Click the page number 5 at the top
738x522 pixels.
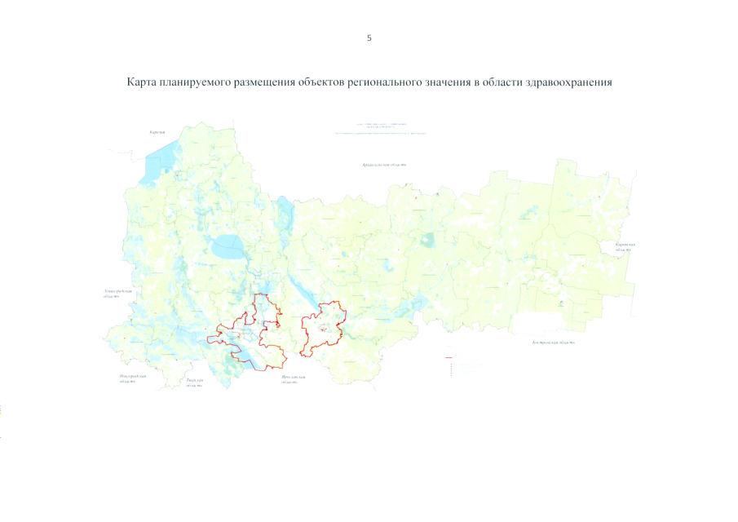[x=369, y=38]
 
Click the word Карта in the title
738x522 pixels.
[x=142, y=83]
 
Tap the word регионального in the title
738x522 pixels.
[x=382, y=83]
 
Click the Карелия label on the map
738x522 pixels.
[x=157, y=132]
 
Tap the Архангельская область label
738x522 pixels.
[x=385, y=164]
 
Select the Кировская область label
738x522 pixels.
[x=625, y=247]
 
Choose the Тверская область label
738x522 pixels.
[x=194, y=383]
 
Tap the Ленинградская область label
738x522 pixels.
[x=112, y=293]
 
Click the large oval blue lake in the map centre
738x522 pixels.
[x=225, y=243]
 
